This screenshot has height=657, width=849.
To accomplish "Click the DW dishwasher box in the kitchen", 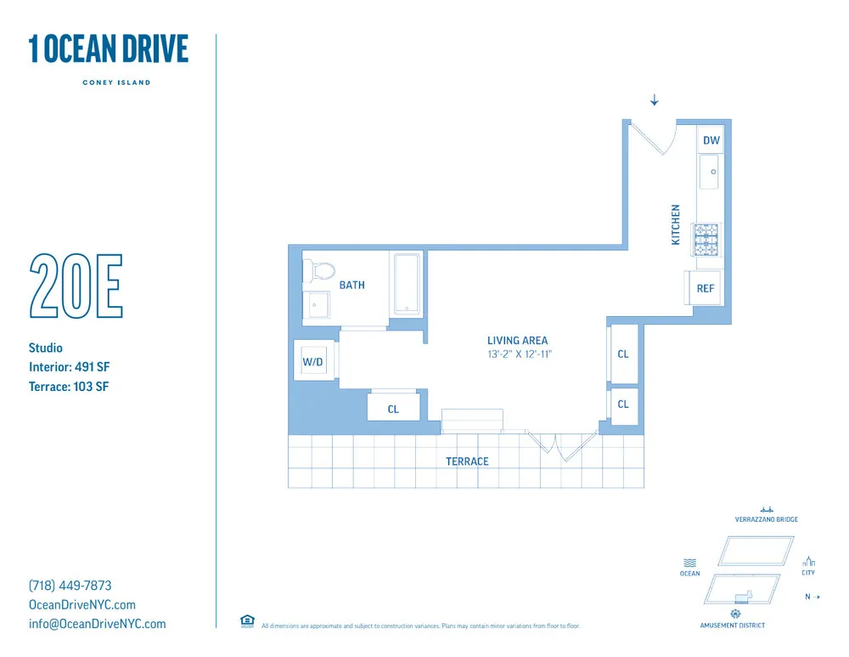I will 711,140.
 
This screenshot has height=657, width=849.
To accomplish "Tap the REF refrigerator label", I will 706,288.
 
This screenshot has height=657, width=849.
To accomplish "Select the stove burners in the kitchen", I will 706,239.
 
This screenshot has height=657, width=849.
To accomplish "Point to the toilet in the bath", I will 322,271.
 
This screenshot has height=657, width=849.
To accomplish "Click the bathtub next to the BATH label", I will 407,283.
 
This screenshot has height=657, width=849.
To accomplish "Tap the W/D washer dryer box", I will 313,362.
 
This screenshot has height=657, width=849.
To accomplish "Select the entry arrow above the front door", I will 654,101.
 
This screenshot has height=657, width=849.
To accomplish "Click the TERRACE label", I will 467,462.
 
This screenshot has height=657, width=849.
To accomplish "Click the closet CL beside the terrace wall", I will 393,409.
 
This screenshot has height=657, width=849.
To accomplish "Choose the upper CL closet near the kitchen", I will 623,354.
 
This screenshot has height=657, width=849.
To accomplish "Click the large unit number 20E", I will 76,286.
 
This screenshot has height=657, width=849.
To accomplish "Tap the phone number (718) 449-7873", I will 70,586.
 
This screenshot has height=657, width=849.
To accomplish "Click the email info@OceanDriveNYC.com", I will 97,624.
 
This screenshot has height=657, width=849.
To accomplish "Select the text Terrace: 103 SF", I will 69,387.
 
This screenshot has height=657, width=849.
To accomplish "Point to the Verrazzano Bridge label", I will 766,519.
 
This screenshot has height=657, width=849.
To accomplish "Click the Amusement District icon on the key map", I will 734,614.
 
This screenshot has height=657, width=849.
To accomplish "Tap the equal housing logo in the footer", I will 247,621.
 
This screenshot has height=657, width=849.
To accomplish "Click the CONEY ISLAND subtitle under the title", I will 116,82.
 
